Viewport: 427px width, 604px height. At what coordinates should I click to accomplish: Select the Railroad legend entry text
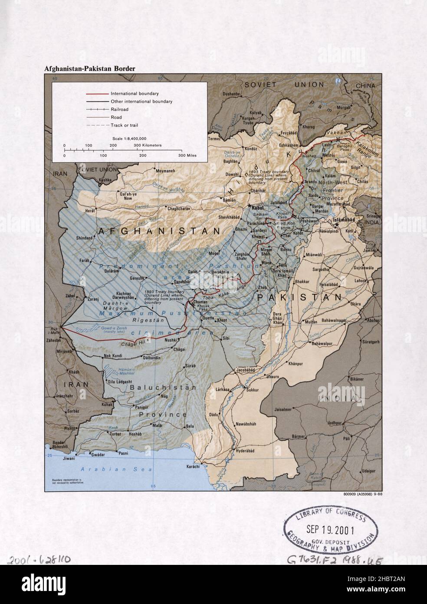pos(119,110)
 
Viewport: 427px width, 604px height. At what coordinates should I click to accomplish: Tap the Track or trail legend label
pos(125,125)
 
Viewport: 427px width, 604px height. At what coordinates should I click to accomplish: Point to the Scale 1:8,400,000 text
pos(129,138)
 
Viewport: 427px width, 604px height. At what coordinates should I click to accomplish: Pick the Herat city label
pos(89,210)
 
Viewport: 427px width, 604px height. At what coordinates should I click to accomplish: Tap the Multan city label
pos(311,322)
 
